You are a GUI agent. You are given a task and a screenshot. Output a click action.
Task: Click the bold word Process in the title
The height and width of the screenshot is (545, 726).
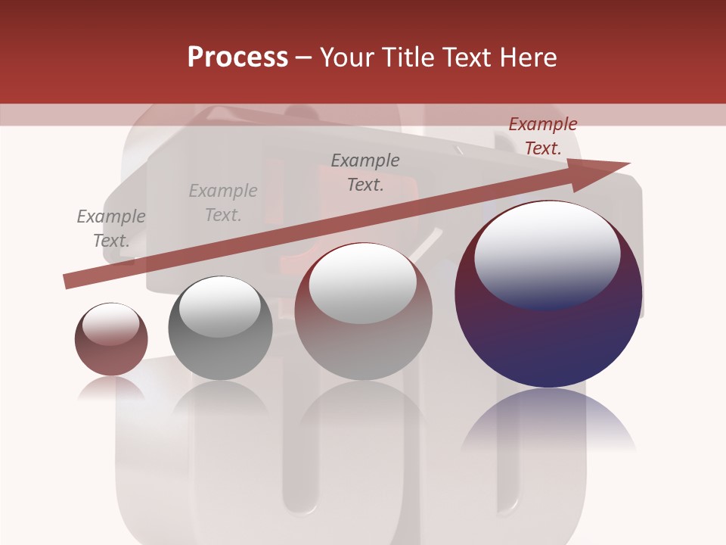pyautogui.click(x=237, y=58)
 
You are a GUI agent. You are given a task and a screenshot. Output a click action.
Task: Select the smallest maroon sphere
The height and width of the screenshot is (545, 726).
pyautogui.click(x=111, y=339)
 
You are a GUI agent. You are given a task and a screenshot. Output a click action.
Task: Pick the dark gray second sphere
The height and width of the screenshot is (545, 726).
pyautogui.click(x=220, y=328)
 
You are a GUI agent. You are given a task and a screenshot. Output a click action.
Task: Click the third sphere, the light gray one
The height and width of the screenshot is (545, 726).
pyautogui.click(x=363, y=312)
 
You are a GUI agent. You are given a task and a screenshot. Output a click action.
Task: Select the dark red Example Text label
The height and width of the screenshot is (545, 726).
pyautogui.click(x=542, y=136)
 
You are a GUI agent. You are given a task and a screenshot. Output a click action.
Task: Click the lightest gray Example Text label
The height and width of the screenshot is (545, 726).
pyautogui.click(x=223, y=203)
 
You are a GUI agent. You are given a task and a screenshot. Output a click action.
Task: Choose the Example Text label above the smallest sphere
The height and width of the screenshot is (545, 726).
pyautogui.click(x=111, y=229)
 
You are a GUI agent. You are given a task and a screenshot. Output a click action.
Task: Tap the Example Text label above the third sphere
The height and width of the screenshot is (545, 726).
pyautogui.click(x=365, y=173)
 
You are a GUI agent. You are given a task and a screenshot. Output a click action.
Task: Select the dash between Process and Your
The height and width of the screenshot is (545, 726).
pyautogui.click(x=303, y=58)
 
